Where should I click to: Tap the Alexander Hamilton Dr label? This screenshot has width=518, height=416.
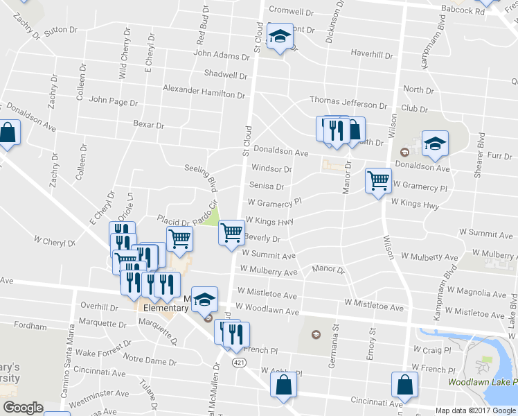coord(205,89)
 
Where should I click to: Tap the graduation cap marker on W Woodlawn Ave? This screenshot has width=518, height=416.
coord(204,300)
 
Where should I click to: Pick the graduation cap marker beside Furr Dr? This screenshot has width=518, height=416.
coord(435,144)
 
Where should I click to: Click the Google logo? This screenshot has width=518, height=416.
coord(23,408)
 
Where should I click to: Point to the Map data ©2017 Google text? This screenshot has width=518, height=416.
coord(476,410)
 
